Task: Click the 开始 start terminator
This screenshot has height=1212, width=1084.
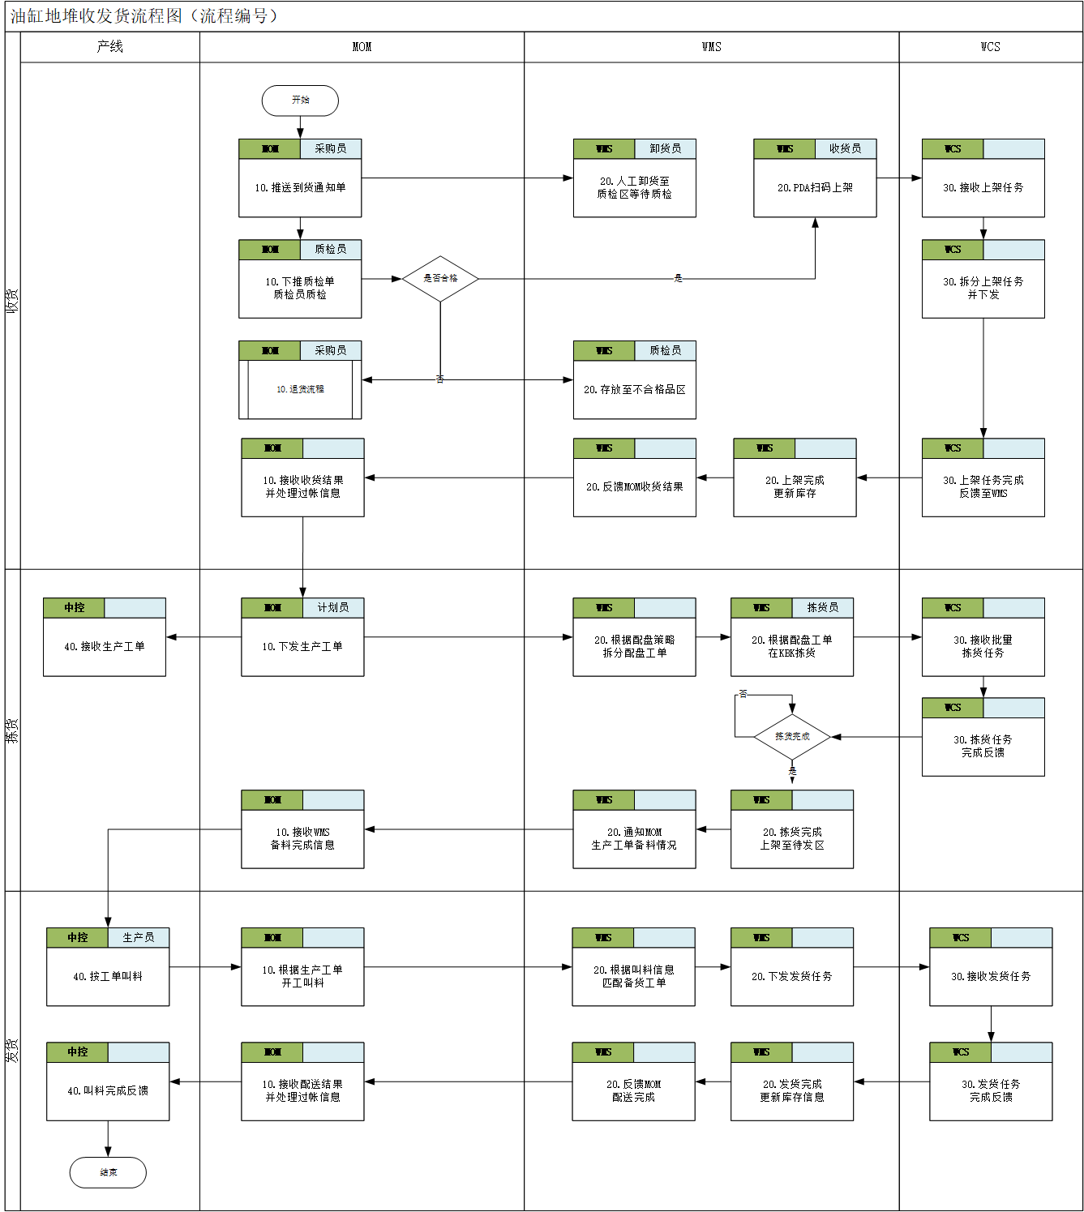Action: coord(300,101)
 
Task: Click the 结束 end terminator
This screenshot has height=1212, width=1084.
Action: coord(108,1172)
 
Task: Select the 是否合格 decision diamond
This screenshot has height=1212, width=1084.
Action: coord(440,278)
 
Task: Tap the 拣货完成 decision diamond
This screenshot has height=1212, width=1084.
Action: coord(792,737)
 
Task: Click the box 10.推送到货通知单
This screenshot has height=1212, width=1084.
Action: coord(300,187)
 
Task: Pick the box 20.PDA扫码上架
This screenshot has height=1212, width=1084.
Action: coord(815,187)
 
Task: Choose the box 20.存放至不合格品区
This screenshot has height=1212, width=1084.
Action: coord(634,389)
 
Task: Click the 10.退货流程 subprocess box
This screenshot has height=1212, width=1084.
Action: coord(300,389)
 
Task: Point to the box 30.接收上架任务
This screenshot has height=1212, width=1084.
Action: coord(983,187)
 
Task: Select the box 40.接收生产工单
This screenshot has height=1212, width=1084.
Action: coord(105,646)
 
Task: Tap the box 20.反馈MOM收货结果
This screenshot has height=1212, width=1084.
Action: coord(634,486)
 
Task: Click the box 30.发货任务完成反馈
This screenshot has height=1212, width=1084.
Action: coord(991,1090)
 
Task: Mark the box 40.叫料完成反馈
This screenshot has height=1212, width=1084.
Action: coord(108,1090)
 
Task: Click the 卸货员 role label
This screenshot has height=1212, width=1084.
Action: coord(665,149)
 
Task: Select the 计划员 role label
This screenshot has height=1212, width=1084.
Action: coord(332,608)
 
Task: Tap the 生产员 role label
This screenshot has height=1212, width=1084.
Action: coord(138,938)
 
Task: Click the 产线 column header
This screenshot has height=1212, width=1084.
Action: coord(109,47)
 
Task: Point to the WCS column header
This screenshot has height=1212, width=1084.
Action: coord(990,47)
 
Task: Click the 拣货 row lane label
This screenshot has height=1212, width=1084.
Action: coord(12,730)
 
